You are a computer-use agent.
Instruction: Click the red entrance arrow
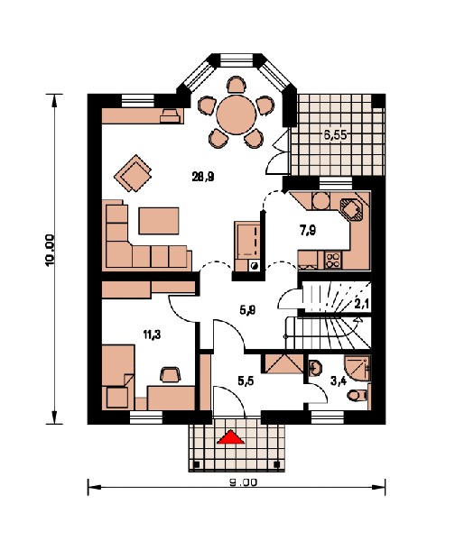[x=230, y=437]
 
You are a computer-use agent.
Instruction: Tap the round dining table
[x=237, y=115]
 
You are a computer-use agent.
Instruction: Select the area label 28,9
[x=203, y=177]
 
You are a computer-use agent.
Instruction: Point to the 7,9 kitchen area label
[x=308, y=230]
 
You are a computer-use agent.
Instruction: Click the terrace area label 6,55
[x=335, y=134]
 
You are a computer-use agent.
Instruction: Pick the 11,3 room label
[x=152, y=334]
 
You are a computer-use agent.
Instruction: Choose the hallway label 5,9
[x=247, y=310]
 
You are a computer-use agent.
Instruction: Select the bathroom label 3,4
[x=339, y=381]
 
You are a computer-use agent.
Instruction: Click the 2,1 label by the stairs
[x=362, y=304]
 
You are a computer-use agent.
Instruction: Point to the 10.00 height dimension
[x=50, y=250]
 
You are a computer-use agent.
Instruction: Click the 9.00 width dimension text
[x=243, y=482]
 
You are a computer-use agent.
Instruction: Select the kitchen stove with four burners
[x=333, y=261]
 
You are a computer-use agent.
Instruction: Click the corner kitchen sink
[x=351, y=209]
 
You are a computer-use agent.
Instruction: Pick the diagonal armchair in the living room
[x=133, y=173]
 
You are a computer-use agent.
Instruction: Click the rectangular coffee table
[x=159, y=221]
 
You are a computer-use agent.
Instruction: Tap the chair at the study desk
[x=171, y=374]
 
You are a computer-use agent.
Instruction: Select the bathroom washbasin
[x=314, y=368]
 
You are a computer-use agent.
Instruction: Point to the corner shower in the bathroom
[x=357, y=368]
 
